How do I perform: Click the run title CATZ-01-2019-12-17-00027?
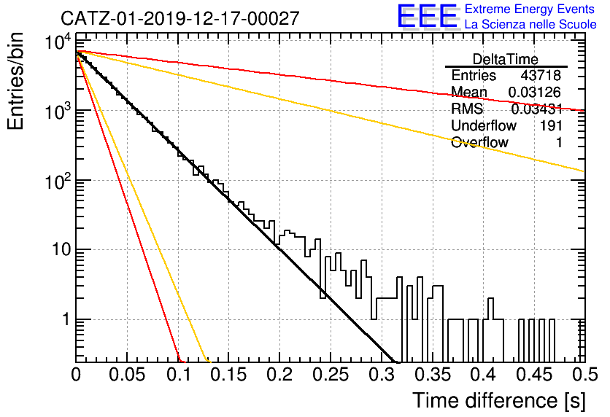click(x=180, y=18)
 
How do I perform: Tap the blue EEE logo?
click(x=427, y=16)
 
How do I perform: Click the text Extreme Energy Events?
click(x=530, y=9)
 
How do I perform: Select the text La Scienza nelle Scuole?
click(x=530, y=25)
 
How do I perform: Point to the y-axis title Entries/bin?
click(x=15, y=81)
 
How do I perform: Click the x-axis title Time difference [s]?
click(x=499, y=400)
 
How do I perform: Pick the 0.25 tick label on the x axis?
click(x=331, y=375)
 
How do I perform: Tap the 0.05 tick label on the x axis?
click(x=127, y=375)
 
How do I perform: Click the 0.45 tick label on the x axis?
click(x=534, y=375)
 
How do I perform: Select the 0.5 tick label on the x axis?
click(x=584, y=375)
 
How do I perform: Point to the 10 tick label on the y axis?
click(x=62, y=249)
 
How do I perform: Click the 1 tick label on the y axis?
click(x=67, y=319)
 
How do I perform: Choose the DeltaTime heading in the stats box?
click(x=506, y=59)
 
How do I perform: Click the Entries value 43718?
click(x=541, y=75)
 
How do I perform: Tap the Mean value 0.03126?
click(x=535, y=92)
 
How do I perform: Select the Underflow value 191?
click(x=551, y=125)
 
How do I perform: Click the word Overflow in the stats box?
click(x=479, y=142)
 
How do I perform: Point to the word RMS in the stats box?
click(x=467, y=109)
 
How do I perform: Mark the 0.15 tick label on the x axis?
click(x=229, y=375)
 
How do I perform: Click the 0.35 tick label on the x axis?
click(x=432, y=375)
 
